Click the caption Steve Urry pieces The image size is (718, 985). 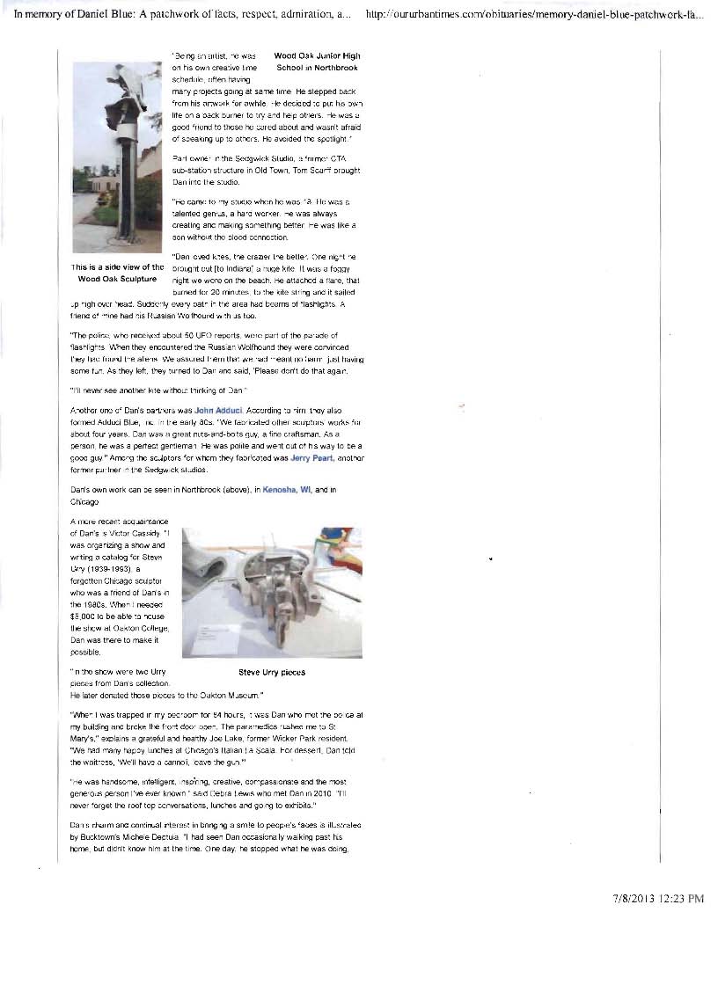point(272,672)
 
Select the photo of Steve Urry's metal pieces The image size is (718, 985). point(271,593)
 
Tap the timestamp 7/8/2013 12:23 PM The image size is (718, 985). point(658,899)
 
